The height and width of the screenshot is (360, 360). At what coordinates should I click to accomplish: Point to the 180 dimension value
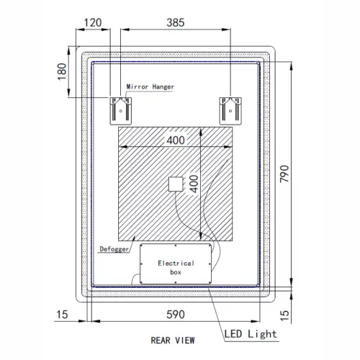coord(61,71)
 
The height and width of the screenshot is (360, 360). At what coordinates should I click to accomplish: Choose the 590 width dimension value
coord(176,314)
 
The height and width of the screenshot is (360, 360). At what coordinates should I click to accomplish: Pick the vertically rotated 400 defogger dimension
coord(193,186)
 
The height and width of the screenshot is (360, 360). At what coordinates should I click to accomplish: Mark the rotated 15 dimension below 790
coord(284,314)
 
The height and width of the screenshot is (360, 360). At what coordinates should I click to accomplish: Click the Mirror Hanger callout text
coord(150,86)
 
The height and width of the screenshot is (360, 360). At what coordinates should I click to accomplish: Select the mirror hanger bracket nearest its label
coord(120,109)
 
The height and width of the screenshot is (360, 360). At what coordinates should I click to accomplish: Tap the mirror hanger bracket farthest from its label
coord(230,109)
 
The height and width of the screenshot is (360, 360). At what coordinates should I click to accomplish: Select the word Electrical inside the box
coord(176,264)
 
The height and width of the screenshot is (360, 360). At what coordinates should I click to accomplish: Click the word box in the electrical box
coord(176,274)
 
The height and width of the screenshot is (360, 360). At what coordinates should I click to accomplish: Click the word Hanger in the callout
coord(163,86)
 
